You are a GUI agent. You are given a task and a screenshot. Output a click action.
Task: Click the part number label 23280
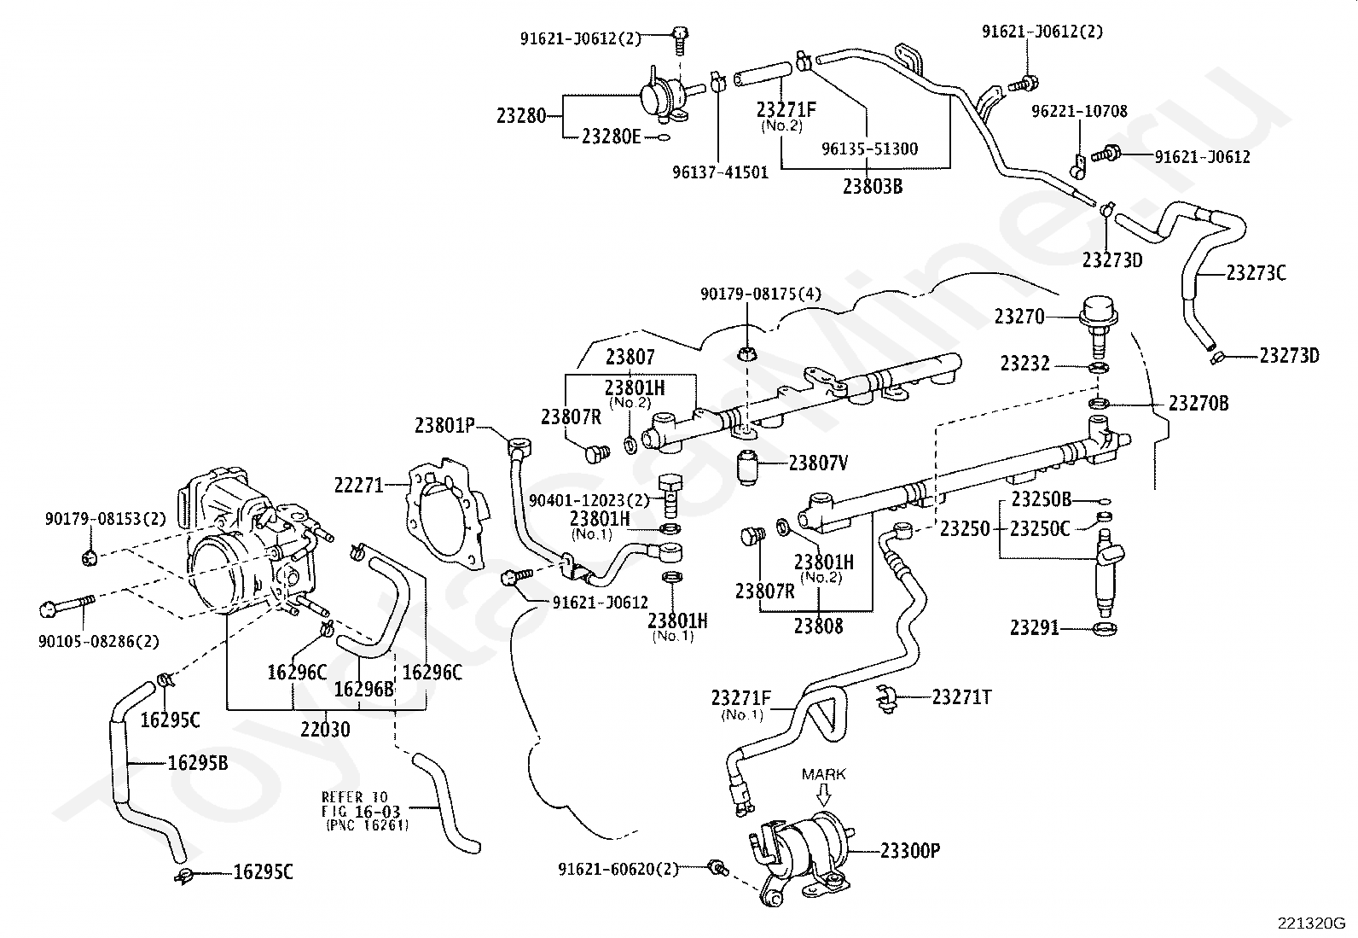pos(521,115)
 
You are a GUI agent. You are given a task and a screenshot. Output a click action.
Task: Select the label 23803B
pos(873,186)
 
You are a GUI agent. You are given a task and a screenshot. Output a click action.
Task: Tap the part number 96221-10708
pos(1079,111)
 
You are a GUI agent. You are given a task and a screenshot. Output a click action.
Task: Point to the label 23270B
pos(1198,404)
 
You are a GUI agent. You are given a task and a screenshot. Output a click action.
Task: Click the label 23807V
pos(818,463)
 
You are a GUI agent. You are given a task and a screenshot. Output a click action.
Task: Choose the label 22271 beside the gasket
pos(359,486)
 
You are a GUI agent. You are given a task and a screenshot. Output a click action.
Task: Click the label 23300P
pos(910,851)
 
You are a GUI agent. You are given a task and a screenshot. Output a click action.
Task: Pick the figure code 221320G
pos(1311,923)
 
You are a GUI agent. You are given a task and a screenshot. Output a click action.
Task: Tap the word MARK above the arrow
pos(823,774)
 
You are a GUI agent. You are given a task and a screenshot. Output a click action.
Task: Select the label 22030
pos(325,729)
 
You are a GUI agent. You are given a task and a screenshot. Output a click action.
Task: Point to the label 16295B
pos(198,763)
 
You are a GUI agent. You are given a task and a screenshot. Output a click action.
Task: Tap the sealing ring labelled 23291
pos(1106,628)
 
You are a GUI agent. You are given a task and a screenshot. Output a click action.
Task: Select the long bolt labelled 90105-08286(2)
pos(67,605)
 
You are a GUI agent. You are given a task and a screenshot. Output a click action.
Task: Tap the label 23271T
pos(961,697)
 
